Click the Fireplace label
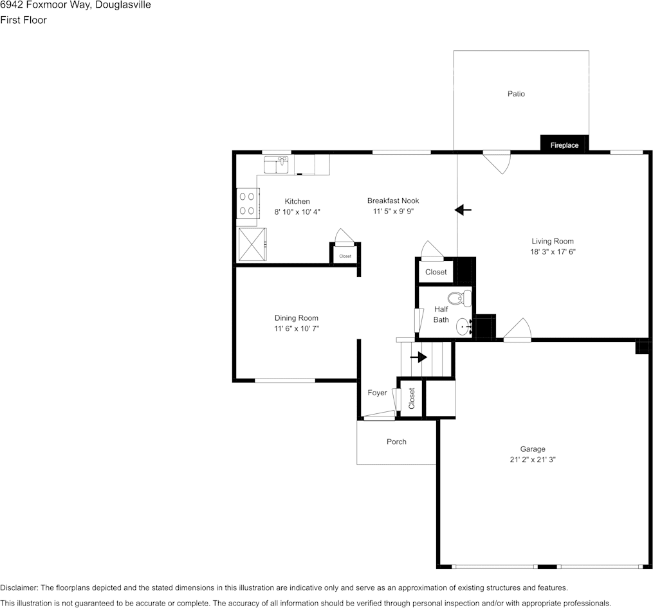pos(564,145)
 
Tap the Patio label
pos(516,94)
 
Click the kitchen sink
pos(277,165)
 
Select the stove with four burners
pos(248,204)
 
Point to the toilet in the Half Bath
pos(460,298)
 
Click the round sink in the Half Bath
pos(463,327)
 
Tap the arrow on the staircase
pos(419,357)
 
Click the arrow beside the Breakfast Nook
pos(463,210)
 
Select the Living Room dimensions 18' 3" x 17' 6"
pos(553,252)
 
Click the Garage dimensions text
pos(533,460)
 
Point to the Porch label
pos(396,442)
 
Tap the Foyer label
pos(377,393)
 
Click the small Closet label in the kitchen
pos(345,256)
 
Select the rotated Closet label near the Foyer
pos(412,398)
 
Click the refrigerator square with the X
pos(252,245)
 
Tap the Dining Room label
pos(297,318)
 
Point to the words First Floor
pos(23,20)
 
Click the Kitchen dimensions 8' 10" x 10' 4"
pos(297,212)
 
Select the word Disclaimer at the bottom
pos(19,587)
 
